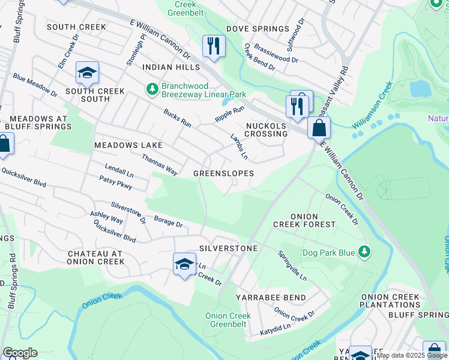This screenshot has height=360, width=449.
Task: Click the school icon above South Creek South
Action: (x=87, y=73)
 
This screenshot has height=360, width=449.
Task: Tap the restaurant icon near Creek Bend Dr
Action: (x=214, y=46)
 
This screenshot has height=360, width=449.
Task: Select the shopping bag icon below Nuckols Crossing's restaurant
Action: (x=319, y=128)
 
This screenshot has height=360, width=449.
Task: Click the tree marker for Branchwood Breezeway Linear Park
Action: (x=152, y=89)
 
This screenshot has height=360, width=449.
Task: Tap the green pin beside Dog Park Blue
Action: (x=363, y=251)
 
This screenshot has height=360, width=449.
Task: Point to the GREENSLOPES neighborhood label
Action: (x=223, y=173)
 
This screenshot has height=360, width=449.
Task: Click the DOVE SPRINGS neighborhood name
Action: (x=258, y=29)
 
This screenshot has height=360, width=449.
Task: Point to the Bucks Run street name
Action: (x=177, y=118)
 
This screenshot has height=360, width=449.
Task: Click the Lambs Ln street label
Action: (x=240, y=146)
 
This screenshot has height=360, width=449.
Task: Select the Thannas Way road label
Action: (x=159, y=164)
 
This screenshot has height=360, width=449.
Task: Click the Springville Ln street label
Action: (x=292, y=266)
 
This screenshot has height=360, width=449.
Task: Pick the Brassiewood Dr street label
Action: (x=276, y=53)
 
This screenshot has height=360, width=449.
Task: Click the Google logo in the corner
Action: (x=19, y=353)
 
